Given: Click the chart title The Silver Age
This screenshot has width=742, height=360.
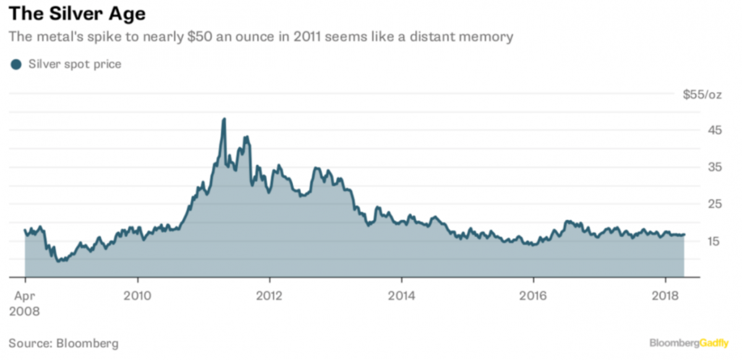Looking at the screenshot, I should pyautogui.click(x=78, y=13).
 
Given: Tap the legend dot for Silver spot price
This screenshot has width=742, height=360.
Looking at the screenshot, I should pyautogui.click(x=16, y=64).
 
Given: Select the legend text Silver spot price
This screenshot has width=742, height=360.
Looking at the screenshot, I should pyautogui.click(x=75, y=64).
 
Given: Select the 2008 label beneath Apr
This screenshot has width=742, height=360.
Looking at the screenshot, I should pyautogui.click(x=25, y=311).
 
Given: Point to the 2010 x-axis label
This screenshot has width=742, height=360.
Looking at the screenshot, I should pyautogui.click(x=137, y=294).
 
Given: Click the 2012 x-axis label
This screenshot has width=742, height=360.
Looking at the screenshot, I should pyautogui.click(x=269, y=294).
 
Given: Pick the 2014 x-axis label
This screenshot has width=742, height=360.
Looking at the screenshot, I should pyautogui.click(x=401, y=294).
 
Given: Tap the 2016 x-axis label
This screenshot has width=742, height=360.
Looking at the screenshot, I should pyautogui.click(x=533, y=294).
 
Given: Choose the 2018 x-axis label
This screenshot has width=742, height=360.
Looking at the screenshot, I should pyautogui.click(x=665, y=294).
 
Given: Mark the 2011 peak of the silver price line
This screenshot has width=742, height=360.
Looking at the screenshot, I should pyautogui.click(x=224, y=119).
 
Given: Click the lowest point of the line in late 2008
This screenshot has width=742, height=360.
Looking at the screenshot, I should pyautogui.click(x=59, y=262).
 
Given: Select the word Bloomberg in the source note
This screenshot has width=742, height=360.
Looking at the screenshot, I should pyautogui.click(x=87, y=343).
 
